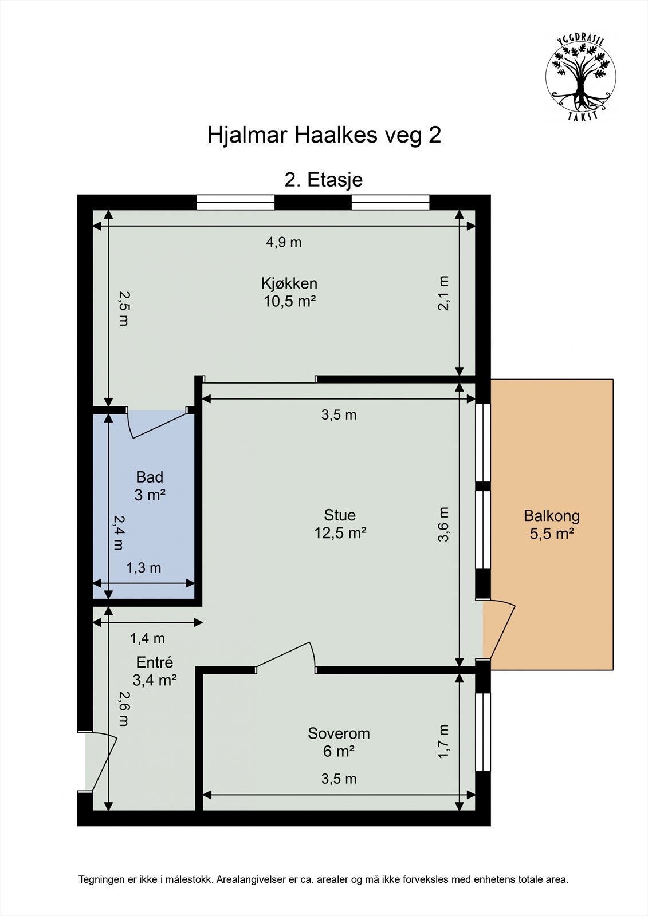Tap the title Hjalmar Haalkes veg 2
point(324,135)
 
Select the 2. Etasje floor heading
point(323,180)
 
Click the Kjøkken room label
point(289,283)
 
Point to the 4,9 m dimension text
point(284,243)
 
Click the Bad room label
point(150,477)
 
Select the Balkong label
point(552,516)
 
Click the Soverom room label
point(339,733)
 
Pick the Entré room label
point(154,662)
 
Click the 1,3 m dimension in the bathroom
point(143,567)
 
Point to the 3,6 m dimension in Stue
point(443,524)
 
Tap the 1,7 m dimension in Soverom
point(443,741)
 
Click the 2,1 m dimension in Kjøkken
point(443,293)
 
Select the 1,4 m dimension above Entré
point(147,638)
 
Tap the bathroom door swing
point(160,425)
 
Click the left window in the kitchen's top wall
point(235,203)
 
